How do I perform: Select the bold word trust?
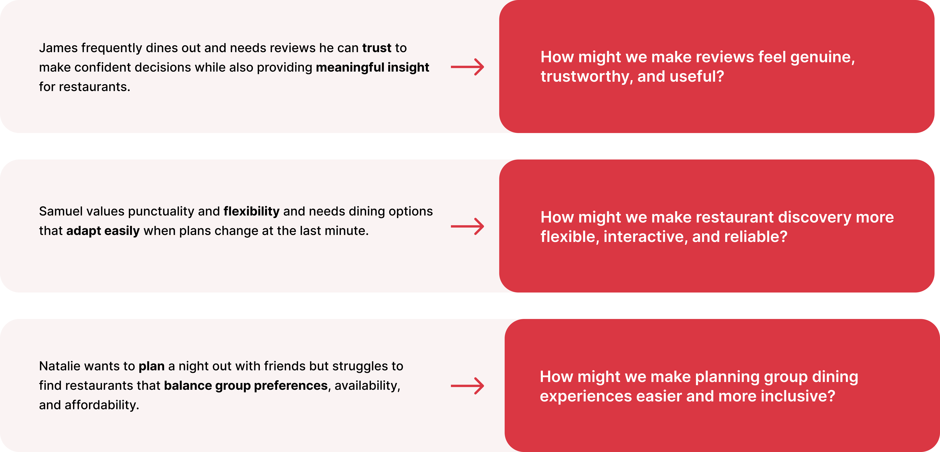[377, 48]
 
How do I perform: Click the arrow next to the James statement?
[467, 67]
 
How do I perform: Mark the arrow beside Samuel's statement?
[467, 226]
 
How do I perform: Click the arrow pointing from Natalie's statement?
[467, 386]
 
